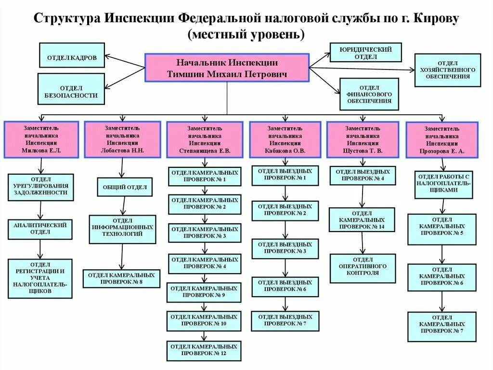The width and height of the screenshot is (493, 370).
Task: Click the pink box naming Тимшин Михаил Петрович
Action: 227,68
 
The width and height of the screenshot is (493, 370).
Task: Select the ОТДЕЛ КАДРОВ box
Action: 72,57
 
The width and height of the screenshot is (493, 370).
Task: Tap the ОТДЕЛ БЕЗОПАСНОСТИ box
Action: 71,92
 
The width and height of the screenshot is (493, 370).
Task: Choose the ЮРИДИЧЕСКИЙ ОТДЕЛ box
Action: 365,53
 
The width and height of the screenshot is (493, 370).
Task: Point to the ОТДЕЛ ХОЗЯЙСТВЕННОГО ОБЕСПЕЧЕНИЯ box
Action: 447,70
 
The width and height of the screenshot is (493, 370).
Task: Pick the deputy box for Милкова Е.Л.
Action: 41,139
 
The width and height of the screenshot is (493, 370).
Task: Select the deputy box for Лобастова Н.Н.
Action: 122,139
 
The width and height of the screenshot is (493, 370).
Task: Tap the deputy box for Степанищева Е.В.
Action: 205,140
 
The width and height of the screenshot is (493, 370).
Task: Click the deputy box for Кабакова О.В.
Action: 285,139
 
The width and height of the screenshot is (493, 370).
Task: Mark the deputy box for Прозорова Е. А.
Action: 441,140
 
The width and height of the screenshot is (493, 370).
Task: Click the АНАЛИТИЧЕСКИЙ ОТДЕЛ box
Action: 40,229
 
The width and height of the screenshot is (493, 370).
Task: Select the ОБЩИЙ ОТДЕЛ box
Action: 125,187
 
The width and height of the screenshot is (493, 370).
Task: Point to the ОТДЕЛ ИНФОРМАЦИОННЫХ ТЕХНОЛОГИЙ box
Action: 123,230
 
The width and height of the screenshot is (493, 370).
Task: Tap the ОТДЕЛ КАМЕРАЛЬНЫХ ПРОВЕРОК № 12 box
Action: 204,350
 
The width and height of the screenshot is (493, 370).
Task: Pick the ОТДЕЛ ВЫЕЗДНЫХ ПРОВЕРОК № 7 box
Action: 285,320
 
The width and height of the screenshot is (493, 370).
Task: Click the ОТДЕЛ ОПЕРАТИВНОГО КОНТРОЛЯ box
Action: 362,269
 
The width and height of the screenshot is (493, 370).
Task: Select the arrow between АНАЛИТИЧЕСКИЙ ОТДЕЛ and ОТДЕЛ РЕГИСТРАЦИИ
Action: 40,249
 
